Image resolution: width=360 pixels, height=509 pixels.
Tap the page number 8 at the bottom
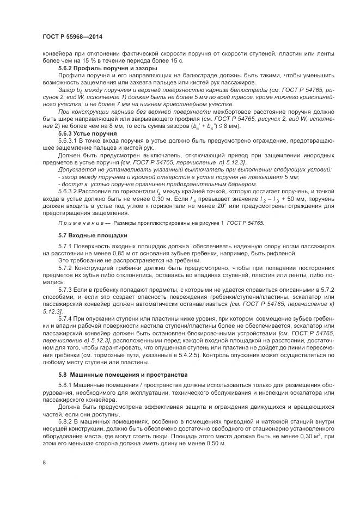coord(44,462)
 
